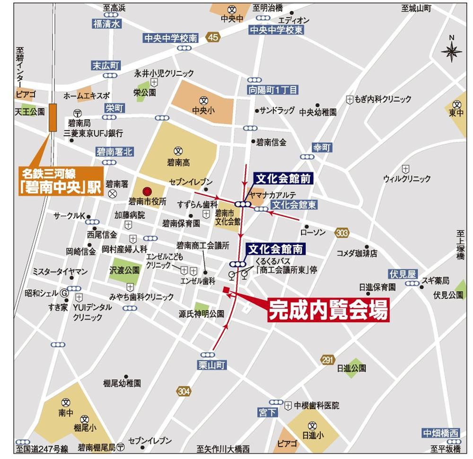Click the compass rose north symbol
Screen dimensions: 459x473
tap(451, 50)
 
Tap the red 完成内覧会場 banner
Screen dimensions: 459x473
tap(328, 311)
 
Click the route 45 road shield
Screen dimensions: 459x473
tap(213, 37)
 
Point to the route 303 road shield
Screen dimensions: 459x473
tap(342, 232)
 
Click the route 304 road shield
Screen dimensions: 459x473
tap(184, 391)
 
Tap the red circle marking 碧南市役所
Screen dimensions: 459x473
tap(147, 191)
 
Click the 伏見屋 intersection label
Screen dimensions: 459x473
tap(403, 274)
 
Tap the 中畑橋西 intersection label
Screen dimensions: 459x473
tap(441, 433)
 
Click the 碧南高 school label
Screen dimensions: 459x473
tap(178, 163)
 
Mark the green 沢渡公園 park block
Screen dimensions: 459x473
tap(126, 270)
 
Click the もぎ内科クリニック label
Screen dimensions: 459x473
tap(383, 99)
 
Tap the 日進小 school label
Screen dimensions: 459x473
tap(312, 435)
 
